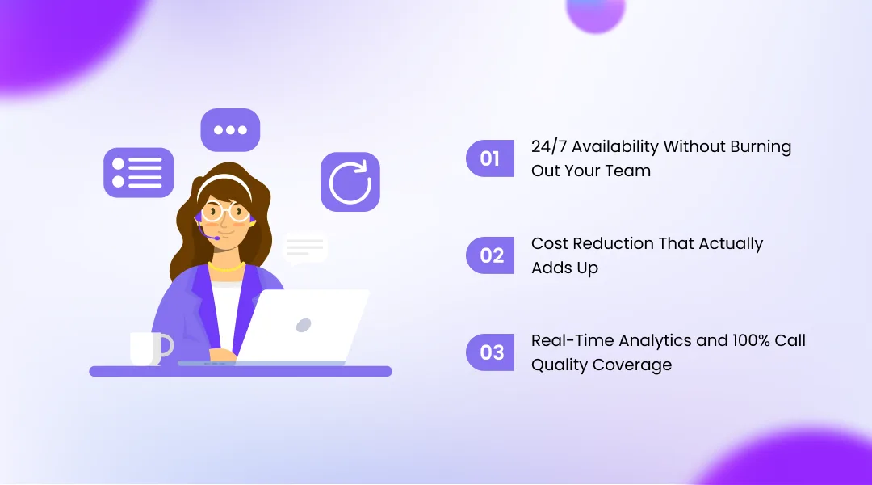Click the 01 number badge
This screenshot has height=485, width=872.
(490, 158)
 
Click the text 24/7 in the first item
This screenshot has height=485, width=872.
(548, 147)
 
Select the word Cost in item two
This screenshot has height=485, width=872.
(547, 243)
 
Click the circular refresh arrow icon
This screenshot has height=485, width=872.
(350, 182)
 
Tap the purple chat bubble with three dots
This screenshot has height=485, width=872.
(230, 130)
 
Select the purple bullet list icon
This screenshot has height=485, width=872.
(138, 171)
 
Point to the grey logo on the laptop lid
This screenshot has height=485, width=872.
(304, 325)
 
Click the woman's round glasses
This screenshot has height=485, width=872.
(225, 212)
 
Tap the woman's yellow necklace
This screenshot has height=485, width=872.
(225, 267)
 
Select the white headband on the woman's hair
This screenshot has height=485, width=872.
(224, 180)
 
